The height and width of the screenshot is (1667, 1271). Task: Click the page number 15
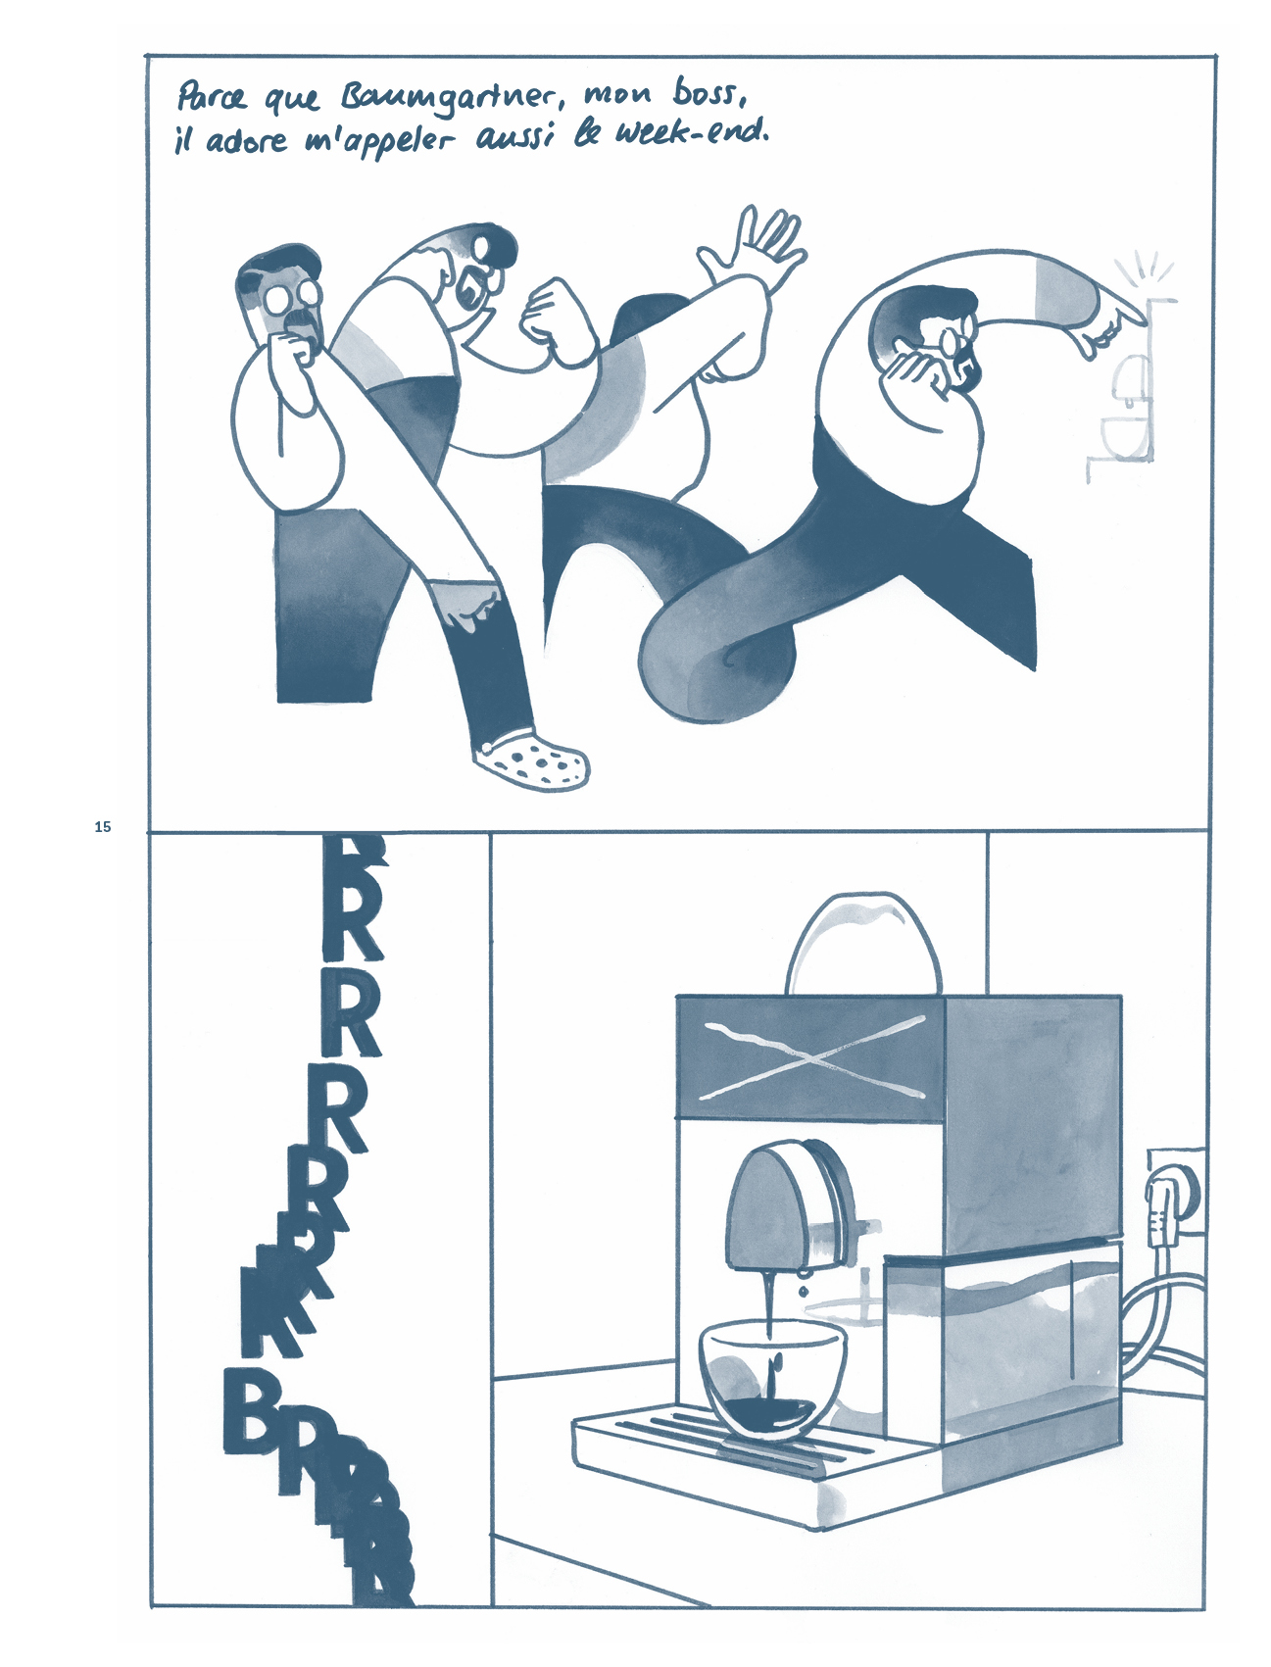(103, 827)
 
